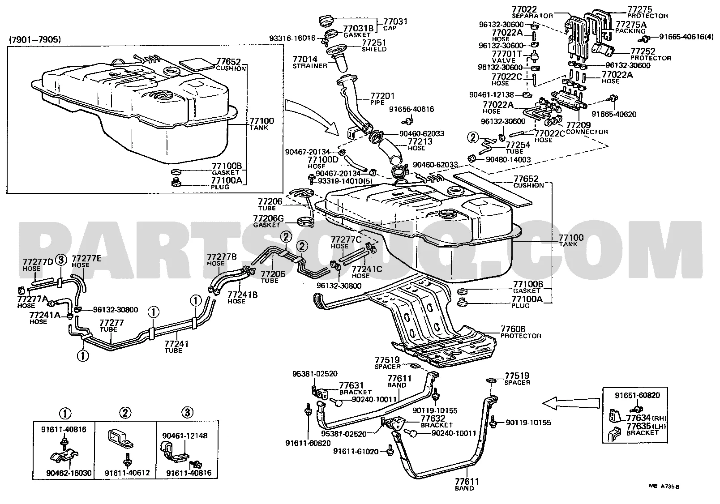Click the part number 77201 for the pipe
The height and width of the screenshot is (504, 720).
click(x=382, y=96)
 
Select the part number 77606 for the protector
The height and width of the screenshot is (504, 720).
click(x=513, y=329)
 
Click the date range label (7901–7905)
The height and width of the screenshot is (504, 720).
click(x=35, y=39)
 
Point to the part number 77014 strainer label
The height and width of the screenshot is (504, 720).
click(x=305, y=60)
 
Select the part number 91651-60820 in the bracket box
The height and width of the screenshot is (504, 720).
click(x=638, y=395)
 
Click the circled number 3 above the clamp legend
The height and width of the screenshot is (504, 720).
click(x=188, y=412)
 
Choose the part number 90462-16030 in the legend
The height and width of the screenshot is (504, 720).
click(x=69, y=473)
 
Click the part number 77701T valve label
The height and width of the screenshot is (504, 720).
click(x=507, y=54)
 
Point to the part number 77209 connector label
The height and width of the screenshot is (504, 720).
click(x=578, y=125)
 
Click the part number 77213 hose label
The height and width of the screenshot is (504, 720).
click(x=420, y=141)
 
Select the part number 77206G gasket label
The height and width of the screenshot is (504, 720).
click(x=268, y=219)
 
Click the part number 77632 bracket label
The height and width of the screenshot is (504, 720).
click(x=433, y=418)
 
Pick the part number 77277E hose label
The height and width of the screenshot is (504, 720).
click(x=86, y=259)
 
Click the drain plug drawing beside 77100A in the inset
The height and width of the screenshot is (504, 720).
click(x=176, y=182)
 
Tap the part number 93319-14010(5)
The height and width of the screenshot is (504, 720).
click(x=345, y=181)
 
